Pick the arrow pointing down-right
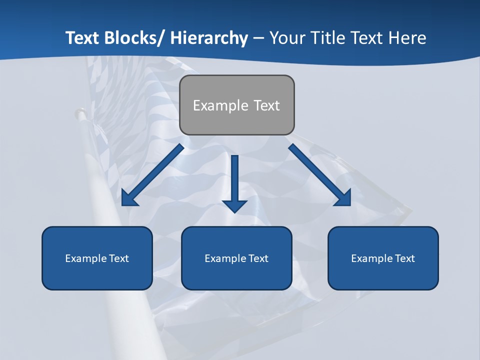pyautogui.click(x=320, y=175)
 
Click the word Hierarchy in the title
pyautogui.click(x=209, y=38)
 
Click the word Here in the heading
pyautogui.click(x=407, y=38)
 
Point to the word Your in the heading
pyautogui.click(x=286, y=38)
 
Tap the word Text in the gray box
pyautogui.click(x=266, y=105)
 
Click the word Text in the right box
pyautogui.click(x=404, y=258)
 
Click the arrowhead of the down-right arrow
pyautogui.click(x=343, y=198)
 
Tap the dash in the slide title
pyautogui.click(x=258, y=38)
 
